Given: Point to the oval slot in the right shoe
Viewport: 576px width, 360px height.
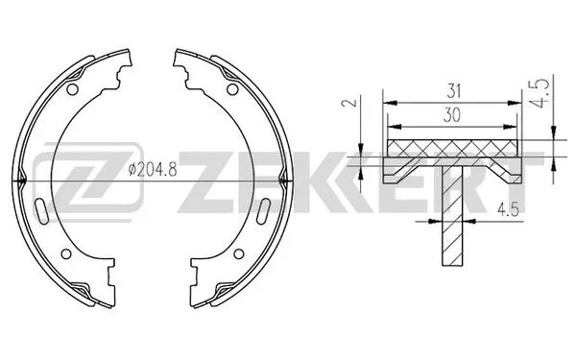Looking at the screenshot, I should coord(262,210).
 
